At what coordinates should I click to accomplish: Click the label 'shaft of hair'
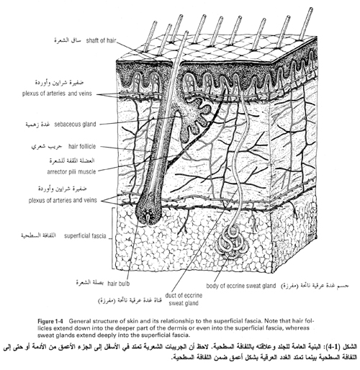[101, 40]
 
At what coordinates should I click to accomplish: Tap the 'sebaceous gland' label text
[75, 125]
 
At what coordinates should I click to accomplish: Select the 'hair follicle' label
[82, 146]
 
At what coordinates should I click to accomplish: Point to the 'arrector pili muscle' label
[71, 172]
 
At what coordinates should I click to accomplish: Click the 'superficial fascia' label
[85, 236]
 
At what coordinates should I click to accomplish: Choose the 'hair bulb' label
[119, 284]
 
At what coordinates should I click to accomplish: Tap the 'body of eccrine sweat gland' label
[241, 286]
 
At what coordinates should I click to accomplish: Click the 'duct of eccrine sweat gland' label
[184, 299]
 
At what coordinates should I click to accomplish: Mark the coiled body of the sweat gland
[231, 243]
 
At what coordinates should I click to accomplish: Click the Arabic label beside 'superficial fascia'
[38, 235]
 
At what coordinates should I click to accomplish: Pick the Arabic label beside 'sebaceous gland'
[37, 125]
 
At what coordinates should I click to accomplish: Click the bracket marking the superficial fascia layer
[112, 238]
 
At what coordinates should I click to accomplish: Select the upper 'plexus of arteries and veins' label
[57, 94]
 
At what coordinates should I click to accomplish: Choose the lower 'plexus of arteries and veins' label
[63, 200]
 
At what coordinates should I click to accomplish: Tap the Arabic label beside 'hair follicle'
[47, 146]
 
